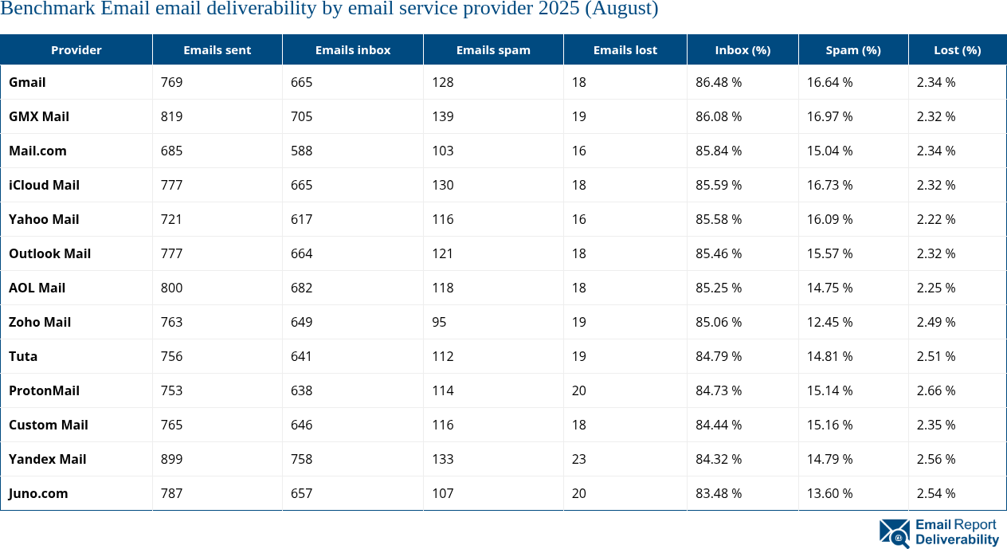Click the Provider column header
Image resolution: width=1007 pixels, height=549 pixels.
tap(76, 50)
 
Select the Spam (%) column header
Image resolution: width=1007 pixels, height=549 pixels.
tap(853, 50)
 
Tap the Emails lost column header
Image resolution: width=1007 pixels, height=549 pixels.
tap(625, 50)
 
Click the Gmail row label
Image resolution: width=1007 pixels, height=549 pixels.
tap(27, 82)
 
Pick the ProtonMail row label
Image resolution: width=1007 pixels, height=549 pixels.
tap(44, 390)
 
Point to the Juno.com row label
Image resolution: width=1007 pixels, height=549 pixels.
tap(38, 493)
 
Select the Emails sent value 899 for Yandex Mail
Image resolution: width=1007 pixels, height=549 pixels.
tap(171, 459)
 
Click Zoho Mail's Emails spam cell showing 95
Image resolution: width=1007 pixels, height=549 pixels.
tap(439, 322)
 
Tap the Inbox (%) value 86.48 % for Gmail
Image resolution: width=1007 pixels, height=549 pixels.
tap(719, 82)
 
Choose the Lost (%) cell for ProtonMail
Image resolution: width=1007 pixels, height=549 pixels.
tap(936, 390)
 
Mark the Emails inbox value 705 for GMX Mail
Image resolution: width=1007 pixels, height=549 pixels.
tap(301, 116)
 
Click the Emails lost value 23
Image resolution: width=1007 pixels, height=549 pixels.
tap(578, 459)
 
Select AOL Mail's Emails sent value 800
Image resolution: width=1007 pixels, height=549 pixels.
tap(171, 288)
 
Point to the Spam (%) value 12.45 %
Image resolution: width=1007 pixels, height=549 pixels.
tap(829, 322)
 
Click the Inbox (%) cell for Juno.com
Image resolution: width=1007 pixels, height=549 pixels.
tap(719, 493)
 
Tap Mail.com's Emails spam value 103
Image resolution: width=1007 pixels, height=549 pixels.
tap(442, 151)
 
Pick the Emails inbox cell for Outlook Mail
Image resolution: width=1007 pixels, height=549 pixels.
tap(301, 253)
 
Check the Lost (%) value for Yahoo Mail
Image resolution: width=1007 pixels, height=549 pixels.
tap(936, 219)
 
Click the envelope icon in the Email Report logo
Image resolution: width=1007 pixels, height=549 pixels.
tap(894, 533)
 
